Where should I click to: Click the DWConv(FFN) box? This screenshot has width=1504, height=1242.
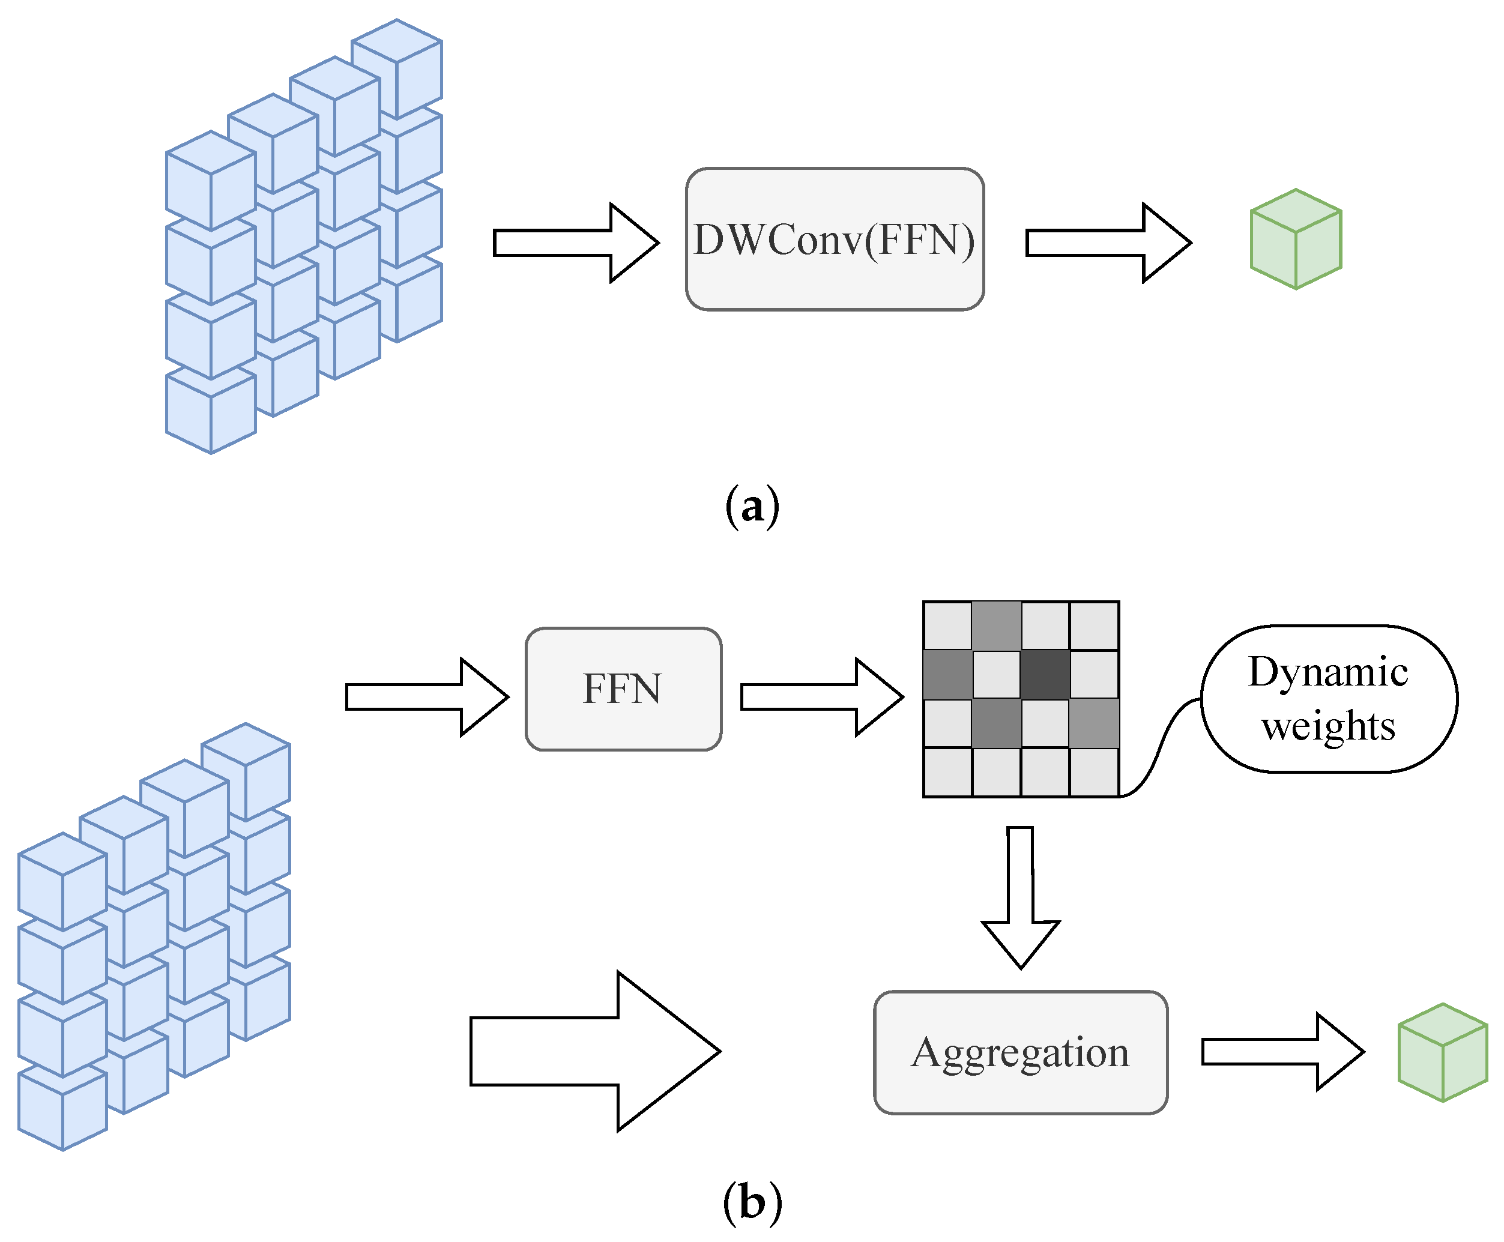835,239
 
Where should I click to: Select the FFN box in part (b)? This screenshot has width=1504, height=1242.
623,689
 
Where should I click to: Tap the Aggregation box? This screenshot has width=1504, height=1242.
1020,1052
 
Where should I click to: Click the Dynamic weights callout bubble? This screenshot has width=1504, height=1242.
1329,699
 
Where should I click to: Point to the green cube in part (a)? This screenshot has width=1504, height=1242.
1295,239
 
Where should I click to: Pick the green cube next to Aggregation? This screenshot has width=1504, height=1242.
1443,1052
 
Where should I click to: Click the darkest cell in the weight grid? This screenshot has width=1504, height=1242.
1045,674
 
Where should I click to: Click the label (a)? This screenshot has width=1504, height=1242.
752,507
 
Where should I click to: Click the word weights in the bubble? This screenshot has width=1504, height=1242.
1328,726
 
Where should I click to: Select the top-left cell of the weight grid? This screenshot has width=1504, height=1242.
947,626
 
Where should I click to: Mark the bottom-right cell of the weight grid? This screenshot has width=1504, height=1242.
1093,772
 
